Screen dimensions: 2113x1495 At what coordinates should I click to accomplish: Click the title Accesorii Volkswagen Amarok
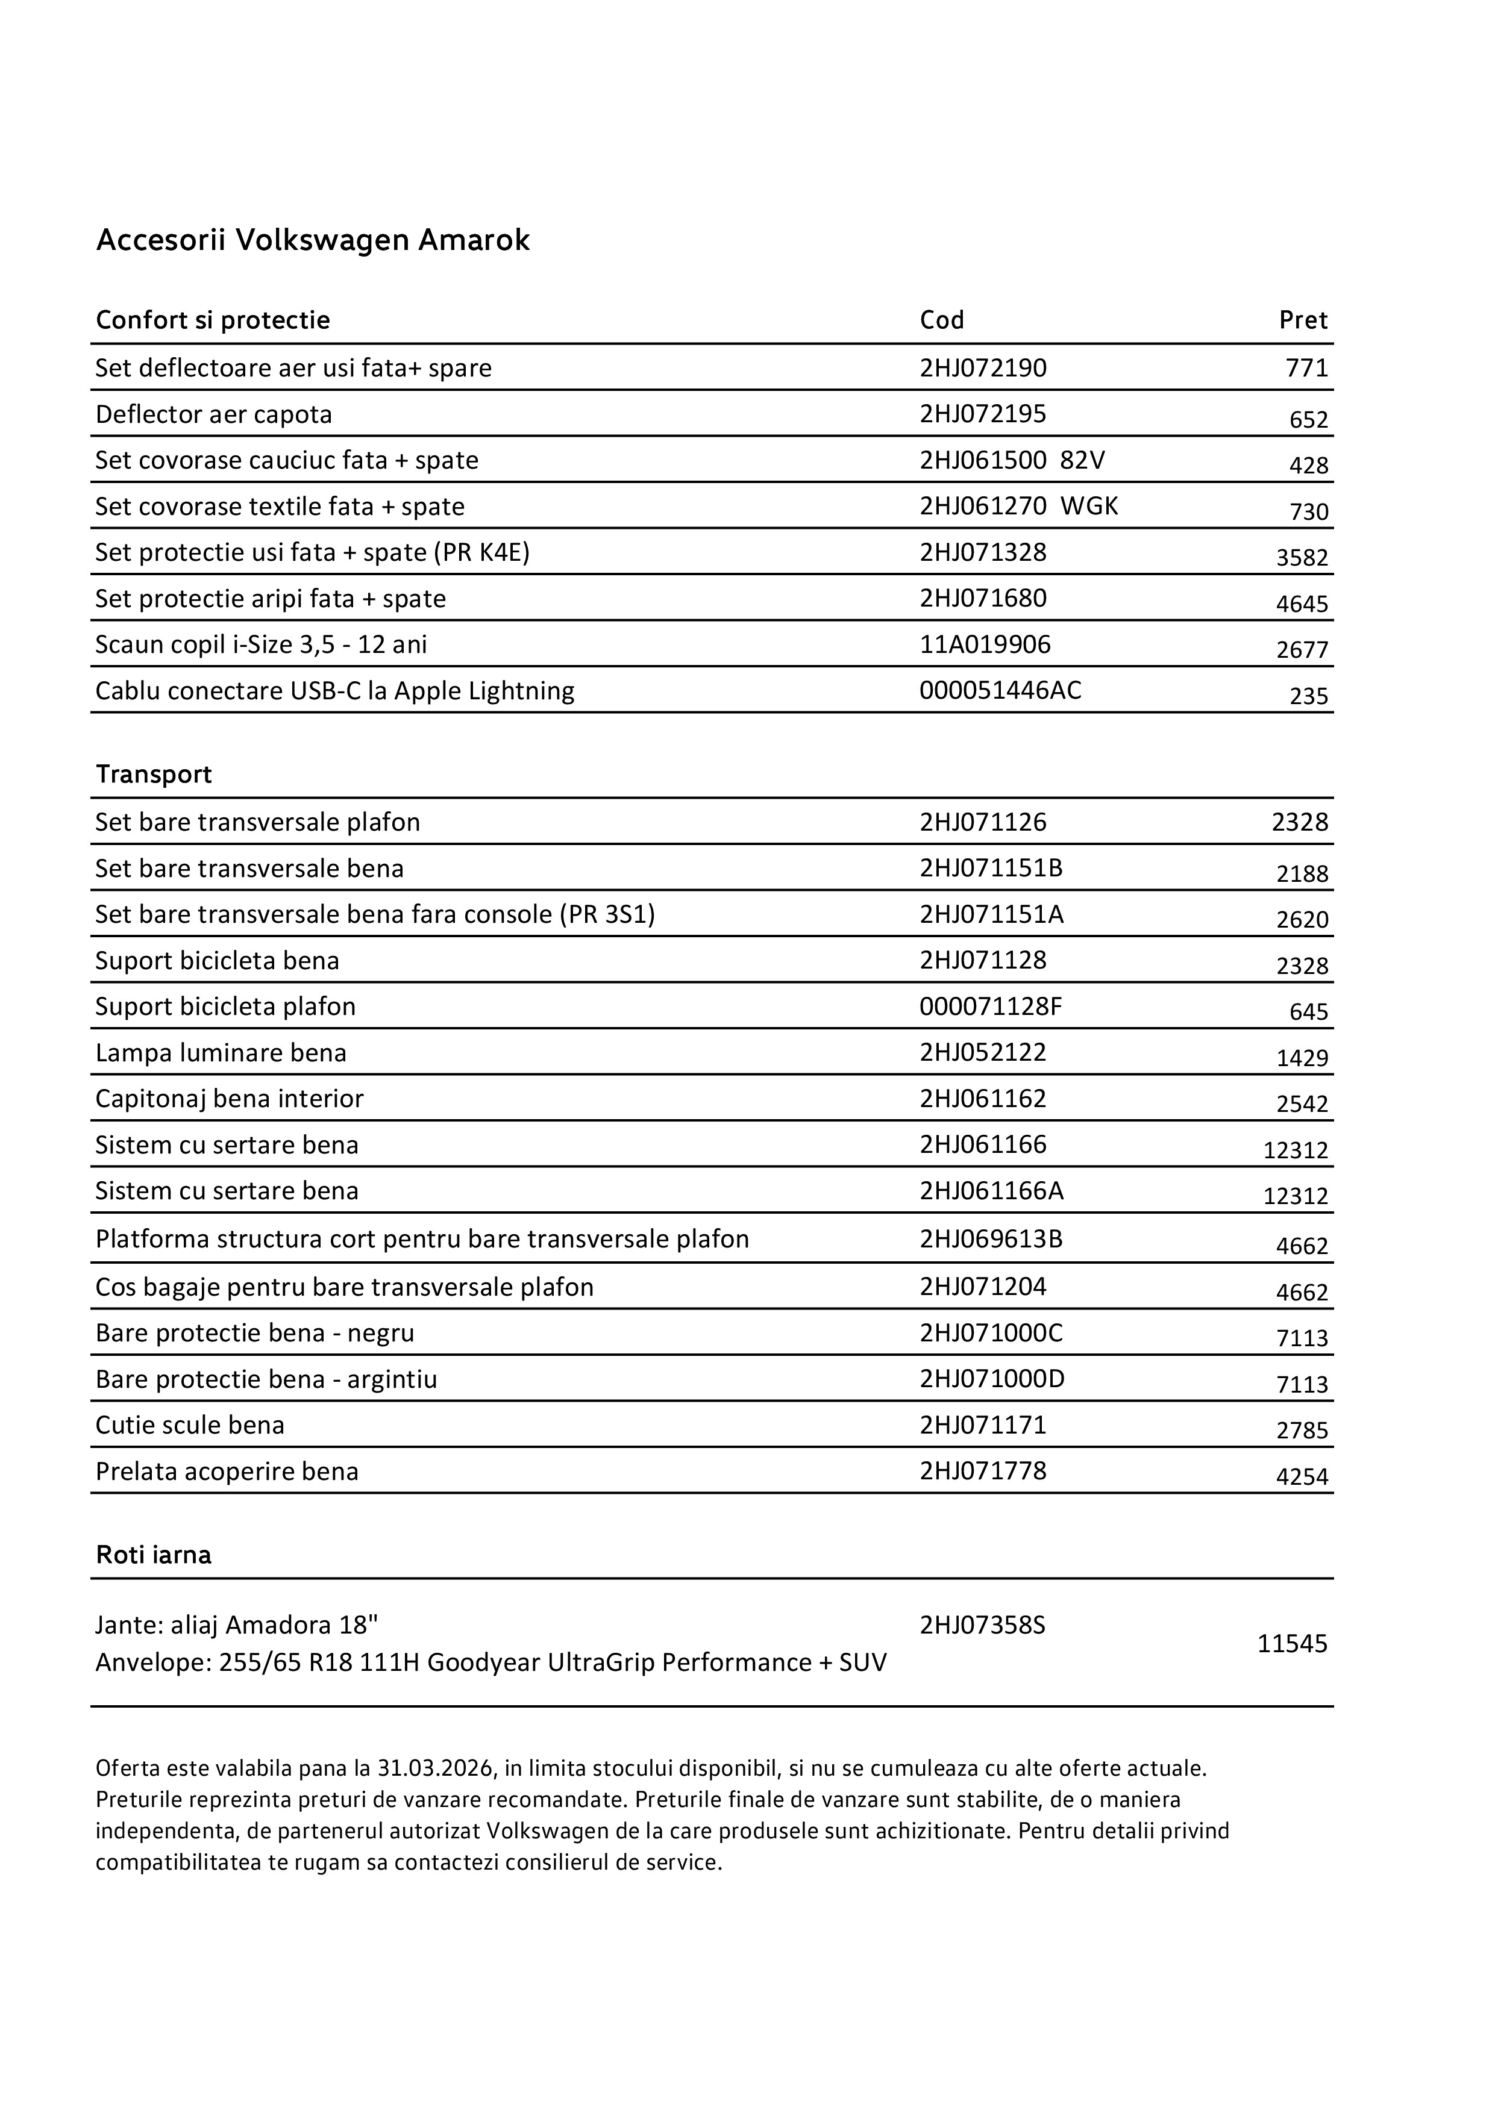coord(313,240)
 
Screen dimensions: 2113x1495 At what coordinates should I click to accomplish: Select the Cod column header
coord(942,320)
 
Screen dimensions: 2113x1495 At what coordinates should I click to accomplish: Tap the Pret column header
coord(1303,320)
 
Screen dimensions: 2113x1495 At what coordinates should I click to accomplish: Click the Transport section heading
coord(154,774)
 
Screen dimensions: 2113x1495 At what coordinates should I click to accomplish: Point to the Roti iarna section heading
coord(154,1555)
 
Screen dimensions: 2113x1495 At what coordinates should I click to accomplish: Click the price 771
coord(1306,368)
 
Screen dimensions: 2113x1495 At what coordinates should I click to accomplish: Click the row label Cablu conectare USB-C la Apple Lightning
coord(334,690)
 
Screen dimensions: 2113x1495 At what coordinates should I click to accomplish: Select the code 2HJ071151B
coord(991,868)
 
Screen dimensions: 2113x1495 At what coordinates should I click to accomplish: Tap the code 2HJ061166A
coord(991,1191)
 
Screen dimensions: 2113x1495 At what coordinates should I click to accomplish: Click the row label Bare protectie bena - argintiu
coord(266,1379)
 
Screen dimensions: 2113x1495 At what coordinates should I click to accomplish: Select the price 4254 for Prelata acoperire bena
coord(1302,1477)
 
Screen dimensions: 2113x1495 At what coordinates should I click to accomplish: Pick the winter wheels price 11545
coord(1291,1644)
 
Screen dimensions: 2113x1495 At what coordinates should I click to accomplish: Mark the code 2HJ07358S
coord(982,1625)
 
